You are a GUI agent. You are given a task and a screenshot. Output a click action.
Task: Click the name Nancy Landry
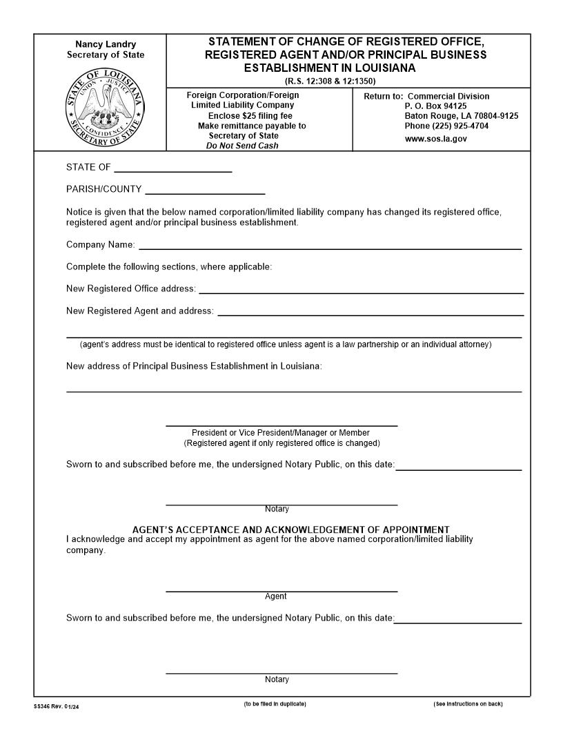(x=106, y=44)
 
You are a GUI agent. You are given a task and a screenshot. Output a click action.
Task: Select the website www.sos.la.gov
(x=435, y=139)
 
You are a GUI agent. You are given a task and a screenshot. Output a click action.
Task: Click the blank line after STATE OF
(x=172, y=168)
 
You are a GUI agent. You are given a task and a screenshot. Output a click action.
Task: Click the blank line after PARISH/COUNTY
(x=205, y=190)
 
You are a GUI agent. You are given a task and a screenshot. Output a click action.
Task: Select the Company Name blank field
(x=330, y=245)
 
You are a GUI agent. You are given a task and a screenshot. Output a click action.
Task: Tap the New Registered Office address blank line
(x=361, y=289)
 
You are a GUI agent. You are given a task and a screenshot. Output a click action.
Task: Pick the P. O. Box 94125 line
(x=435, y=106)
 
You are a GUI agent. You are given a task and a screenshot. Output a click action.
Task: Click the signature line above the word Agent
(x=281, y=590)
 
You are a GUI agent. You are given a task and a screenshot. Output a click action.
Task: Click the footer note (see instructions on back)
(x=468, y=704)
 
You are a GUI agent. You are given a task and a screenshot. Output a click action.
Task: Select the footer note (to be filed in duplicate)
(x=275, y=704)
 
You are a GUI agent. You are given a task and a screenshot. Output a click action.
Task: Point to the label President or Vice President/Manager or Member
(x=281, y=433)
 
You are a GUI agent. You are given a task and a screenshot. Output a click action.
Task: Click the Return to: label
(x=382, y=97)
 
